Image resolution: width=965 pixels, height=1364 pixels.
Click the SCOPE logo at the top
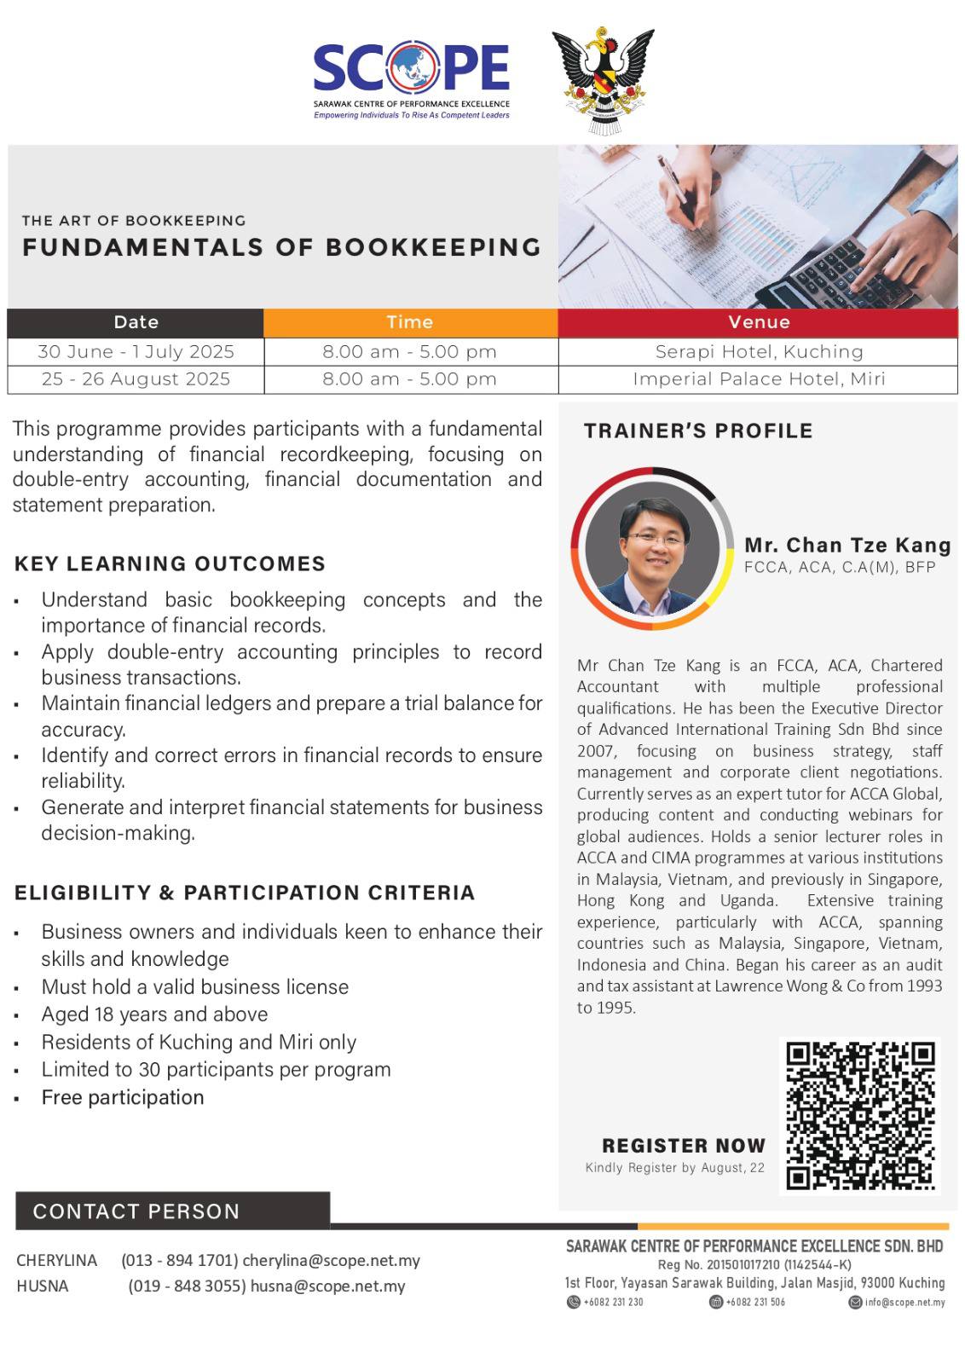(x=412, y=78)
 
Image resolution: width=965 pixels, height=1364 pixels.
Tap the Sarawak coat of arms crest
(x=603, y=80)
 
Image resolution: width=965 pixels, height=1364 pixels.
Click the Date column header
(x=136, y=322)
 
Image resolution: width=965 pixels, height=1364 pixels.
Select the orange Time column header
(x=410, y=322)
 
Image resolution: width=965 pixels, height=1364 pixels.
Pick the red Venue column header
(x=759, y=322)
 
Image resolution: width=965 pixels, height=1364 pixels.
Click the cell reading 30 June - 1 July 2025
(x=136, y=351)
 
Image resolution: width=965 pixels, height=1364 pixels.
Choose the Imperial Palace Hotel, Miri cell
(x=759, y=379)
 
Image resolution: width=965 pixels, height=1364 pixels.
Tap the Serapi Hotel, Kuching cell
(x=759, y=351)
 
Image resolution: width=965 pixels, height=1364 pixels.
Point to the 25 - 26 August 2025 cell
(x=136, y=379)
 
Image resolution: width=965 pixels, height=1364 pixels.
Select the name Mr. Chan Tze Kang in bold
(x=847, y=545)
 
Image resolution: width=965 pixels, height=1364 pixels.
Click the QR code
(x=860, y=1115)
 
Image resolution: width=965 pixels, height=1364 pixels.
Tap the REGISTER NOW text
(x=684, y=1145)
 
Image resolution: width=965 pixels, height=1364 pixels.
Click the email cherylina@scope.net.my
(x=331, y=1260)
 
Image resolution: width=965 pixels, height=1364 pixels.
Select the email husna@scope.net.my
(x=327, y=1286)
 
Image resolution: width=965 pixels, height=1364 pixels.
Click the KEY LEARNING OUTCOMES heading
(x=170, y=564)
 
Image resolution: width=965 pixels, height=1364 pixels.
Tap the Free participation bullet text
(x=123, y=1097)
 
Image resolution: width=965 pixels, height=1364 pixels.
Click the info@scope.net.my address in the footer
(x=904, y=1302)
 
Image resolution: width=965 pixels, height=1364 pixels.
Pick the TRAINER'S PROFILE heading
(x=698, y=431)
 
